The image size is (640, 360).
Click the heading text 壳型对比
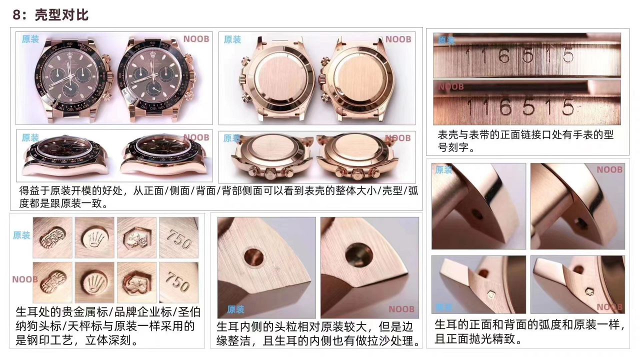[x=61, y=15]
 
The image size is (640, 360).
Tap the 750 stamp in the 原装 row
[x=179, y=237]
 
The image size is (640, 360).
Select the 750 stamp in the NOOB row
[x=179, y=282]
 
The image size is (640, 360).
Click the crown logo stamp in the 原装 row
[x=94, y=237]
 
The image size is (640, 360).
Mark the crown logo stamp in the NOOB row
[x=94, y=282]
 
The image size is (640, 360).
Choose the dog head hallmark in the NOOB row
[x=136, y=282]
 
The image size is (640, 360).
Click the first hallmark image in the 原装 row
[x=52, y=237]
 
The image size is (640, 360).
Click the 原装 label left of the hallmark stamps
[x=21, y=235]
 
